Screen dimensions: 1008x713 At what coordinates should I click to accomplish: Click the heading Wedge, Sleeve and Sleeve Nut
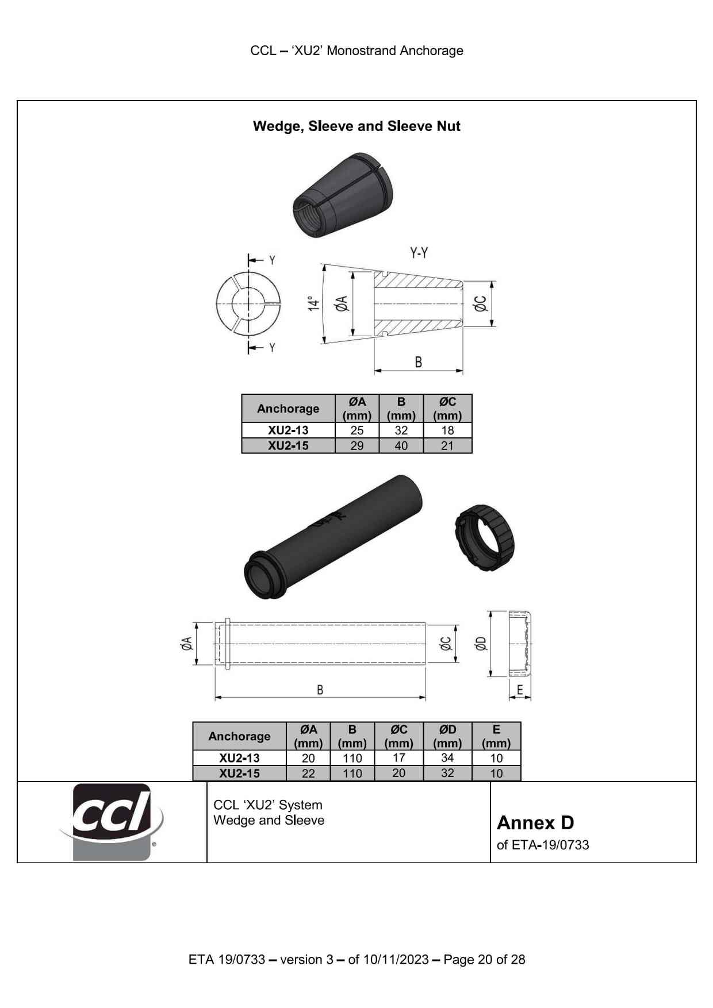[x=356, y=126]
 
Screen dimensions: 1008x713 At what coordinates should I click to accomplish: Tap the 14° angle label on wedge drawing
[x=313, y=303]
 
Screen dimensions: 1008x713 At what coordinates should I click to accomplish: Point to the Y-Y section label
[x=419, y=253]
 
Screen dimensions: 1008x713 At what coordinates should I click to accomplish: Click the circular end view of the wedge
[x=248, y=303]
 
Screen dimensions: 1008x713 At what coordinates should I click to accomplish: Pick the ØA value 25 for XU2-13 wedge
[x=356, y=430]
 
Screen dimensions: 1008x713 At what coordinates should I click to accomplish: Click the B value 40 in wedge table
[x=401, y=446]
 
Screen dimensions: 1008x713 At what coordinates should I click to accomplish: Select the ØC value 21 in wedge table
[x=447, y=446]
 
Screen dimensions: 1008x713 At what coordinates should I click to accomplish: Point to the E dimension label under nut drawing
[x=520, y=690]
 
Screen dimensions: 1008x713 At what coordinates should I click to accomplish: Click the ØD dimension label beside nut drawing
[x=481, y=644]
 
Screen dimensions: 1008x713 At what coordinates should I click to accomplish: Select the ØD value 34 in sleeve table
[x=447, y=758]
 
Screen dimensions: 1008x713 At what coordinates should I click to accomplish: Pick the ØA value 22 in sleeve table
[x=308, y=774]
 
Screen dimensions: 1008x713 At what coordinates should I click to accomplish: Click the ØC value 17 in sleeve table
[x=398, y=758]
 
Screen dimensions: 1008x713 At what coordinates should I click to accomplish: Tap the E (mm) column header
[x=496, y=736]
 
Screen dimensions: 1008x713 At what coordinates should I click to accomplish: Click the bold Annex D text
[x=535, y=823]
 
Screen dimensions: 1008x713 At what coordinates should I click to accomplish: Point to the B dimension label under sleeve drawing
[x=320, y=690]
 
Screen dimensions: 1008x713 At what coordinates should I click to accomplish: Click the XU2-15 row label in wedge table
[x=288, y=446]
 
